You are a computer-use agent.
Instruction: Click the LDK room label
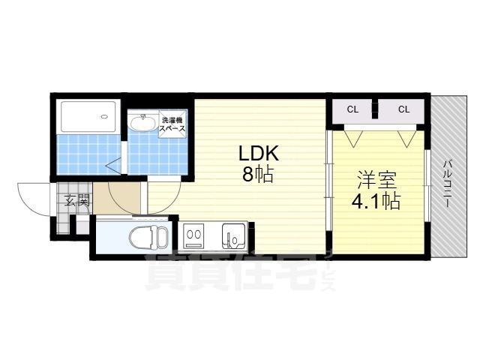[x=259, y=154]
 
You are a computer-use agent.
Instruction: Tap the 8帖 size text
[x=258, y=176]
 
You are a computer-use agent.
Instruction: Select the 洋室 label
[x=376, y=180]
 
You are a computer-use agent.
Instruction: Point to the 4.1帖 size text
[x=376, y=201]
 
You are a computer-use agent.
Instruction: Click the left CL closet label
[x=352, y=109]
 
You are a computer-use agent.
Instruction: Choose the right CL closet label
[x=403, y=109]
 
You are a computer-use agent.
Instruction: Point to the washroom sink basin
[x=140, y=122]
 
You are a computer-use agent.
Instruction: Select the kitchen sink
[x=232, y=238]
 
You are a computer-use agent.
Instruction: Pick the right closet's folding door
[x=406, y=138]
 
